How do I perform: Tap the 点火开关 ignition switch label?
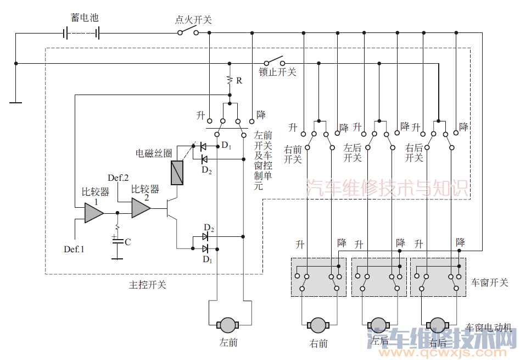point(193,20)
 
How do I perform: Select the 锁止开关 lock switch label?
point(277,72)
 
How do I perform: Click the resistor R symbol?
point(230,80)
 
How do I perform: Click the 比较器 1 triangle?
point(93,212)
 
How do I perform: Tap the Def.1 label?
point(74,249)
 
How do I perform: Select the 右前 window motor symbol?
point(318,324)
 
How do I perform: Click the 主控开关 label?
point(148,285)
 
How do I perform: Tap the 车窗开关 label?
point(490,283)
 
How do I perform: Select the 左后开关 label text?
point(353,153)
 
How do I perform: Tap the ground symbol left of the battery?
point(16,102)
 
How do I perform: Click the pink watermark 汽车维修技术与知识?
point(387,188)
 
